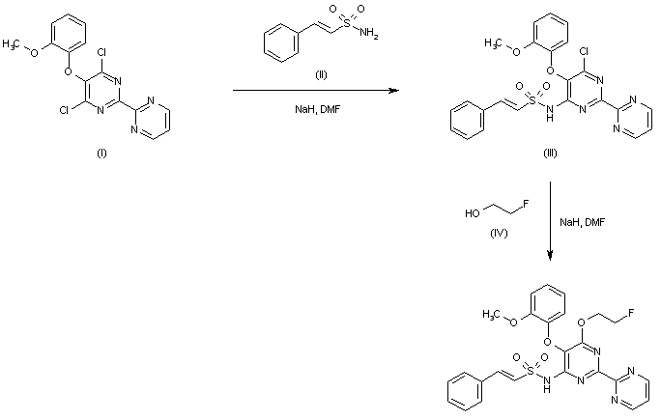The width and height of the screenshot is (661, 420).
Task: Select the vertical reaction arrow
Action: [551, 221]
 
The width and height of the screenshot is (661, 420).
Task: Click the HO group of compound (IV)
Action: [470, 215]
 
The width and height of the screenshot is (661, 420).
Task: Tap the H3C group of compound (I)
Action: [18, 43]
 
